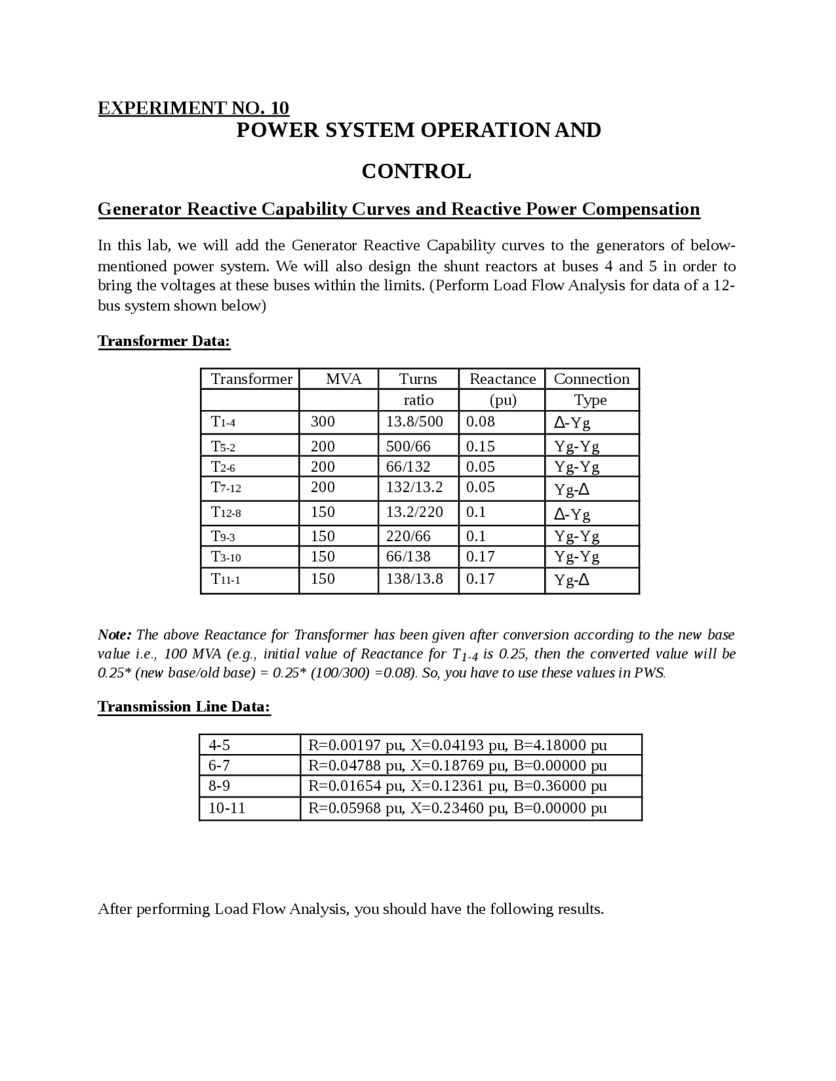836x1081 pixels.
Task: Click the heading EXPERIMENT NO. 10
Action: click(x=193, y=108)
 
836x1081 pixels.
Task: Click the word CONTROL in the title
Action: click(x=416, y=171)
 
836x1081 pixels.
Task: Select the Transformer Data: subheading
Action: click(x=164, y=341)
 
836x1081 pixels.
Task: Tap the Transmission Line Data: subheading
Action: click(x=184, y=706)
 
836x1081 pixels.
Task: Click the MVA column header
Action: click(x=344, y=379)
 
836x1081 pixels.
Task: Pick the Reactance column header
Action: click(x=502, y=379)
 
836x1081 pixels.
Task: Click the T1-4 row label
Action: click(x=223, y=422)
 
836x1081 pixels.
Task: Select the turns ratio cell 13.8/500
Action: click(x=415, y=422)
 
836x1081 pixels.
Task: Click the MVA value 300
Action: click(x=323, y=422)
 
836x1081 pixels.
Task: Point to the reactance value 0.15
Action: click(x=481, y=446)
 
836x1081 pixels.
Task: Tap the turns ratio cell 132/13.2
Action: click(x=415, y=487)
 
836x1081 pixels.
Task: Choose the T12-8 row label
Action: click(x=226, y=512)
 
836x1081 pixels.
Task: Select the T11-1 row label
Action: click(x=226, y=579)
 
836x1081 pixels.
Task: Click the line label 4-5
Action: click(x=219, y=745)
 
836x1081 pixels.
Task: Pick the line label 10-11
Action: click(x=227, y=808)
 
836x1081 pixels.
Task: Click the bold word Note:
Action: click(x=115, y=634)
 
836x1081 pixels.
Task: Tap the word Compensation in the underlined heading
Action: click(x=641, y=209)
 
